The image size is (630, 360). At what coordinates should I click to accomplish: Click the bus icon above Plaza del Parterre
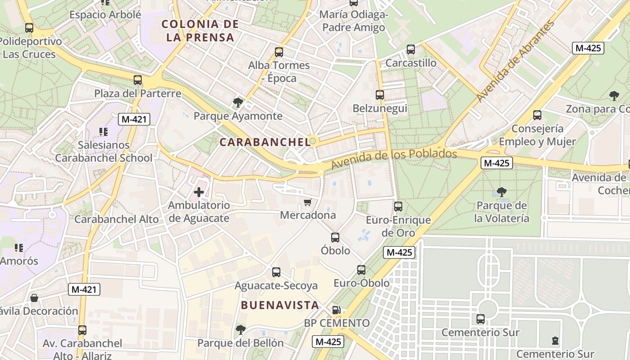(138, 80)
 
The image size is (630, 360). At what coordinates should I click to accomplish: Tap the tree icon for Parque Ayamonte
(238, 103)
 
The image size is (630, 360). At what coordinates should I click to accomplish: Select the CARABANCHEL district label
(265, 142)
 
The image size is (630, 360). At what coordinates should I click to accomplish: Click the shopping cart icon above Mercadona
(308, 202)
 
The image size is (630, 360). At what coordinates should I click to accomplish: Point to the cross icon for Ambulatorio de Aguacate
(198, 192)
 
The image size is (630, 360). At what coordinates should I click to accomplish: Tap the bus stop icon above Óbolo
(335, 237)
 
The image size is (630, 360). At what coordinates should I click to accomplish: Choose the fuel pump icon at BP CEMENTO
(336, 310)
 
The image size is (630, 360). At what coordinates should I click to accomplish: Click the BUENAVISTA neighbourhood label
(280, 305)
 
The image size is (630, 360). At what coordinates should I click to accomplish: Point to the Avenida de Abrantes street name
(515, 61)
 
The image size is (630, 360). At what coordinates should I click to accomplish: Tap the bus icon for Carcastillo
(411, 49)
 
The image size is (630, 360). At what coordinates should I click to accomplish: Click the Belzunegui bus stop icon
(380, 95)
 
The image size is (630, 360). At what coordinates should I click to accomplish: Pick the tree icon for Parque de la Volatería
(502, 192)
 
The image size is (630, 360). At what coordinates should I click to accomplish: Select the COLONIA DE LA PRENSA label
(200, 31)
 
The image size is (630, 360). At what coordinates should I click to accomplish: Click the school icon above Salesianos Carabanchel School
(103, 132)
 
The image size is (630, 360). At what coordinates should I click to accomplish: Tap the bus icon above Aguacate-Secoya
(276, 272)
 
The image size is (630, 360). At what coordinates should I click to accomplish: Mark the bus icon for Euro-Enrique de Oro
(398, 207)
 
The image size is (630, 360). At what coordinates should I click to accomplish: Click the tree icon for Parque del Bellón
(241, 329)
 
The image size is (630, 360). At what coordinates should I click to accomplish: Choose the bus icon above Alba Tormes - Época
(279, 52)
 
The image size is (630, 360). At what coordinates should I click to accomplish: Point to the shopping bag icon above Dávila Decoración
(34, 297)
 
